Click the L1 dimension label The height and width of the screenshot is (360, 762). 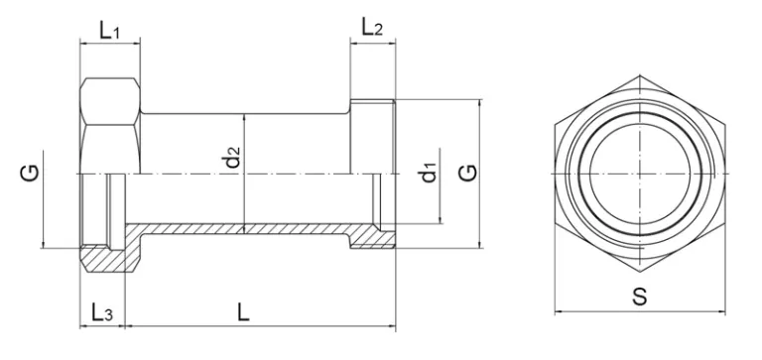pos(109,31)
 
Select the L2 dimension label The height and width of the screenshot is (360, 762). pos(372,27)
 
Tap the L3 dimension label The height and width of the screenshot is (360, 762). pos(102,312)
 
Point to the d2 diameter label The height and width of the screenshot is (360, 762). pos(234,157)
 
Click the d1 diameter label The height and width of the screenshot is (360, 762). pos(429,174)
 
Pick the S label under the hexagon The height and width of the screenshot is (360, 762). pos(640,297)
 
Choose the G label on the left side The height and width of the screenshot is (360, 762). pos(30,174)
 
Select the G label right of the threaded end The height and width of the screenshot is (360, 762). pos(469,174)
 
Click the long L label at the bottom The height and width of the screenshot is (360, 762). pos(243,312)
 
